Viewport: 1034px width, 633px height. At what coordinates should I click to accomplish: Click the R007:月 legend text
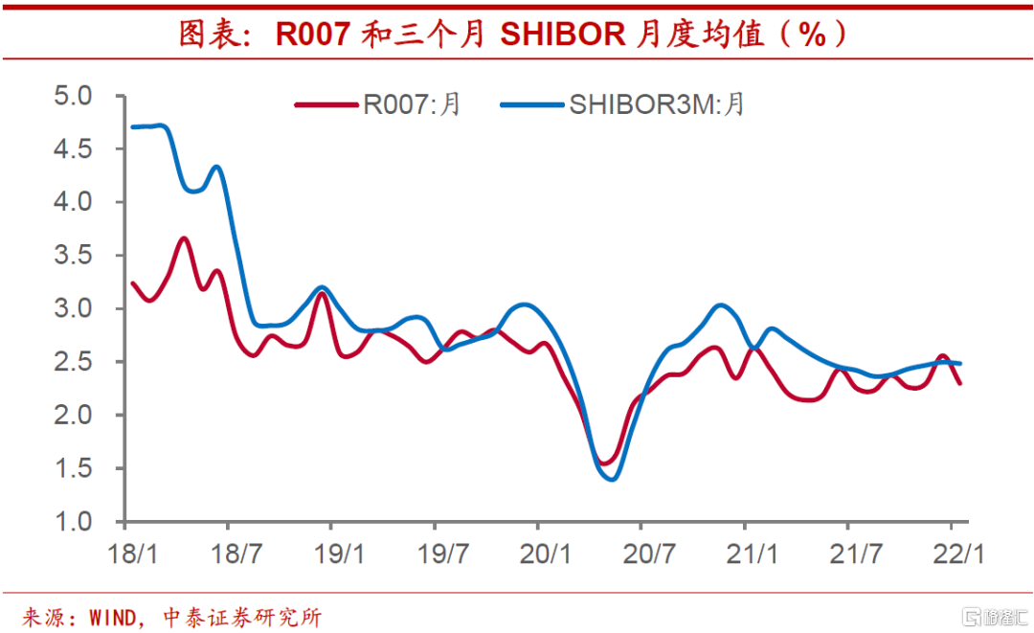pyautogui.click(x=412, y=103)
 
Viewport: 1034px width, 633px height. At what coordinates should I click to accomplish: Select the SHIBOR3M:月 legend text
pyautogui.click(x=657, y=103)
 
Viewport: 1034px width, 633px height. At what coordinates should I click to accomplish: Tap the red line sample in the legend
pyautogui.click(x=326, y=103)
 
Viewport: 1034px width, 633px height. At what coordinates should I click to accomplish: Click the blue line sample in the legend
pyautogui.click(x=531, y=103)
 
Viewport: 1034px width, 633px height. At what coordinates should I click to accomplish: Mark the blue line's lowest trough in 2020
pyautogui.click(x=612, y=479)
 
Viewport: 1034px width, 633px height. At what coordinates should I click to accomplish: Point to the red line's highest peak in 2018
pyautogui.click(x=184, y=238)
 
